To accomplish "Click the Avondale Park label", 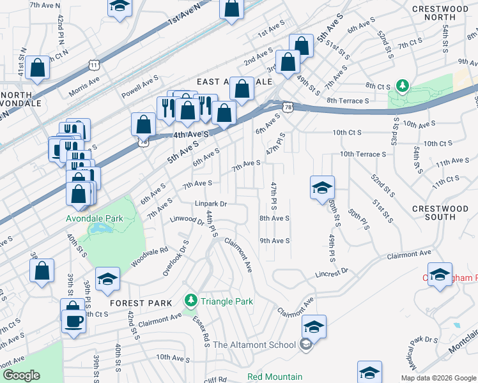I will pyautogui.click(x=95, y=218).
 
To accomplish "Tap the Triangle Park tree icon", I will pyautogui.click(x=190, y=300).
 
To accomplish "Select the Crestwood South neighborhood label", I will pyautogui.click(x=440, y=213).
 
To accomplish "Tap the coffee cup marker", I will pyautogui.click(x=73, y=320).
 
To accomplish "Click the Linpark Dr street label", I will pyautogui.click(x=211, y=204).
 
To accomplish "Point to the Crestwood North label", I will pyautogui.click(x=440, y=13).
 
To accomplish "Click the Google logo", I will pyautogui.click(x=21, y=375).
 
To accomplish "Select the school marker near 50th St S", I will pyautogui.click(x=322, y=188).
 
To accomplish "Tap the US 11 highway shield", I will pyautogui.click(x=95, y=65).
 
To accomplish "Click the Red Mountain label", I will pyautogui.click(x=275, y=377).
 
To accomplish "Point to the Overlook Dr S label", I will pyautogui.click(x=176, y=258).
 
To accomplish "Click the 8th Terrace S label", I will pyautogui.click(x=348, y=101).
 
